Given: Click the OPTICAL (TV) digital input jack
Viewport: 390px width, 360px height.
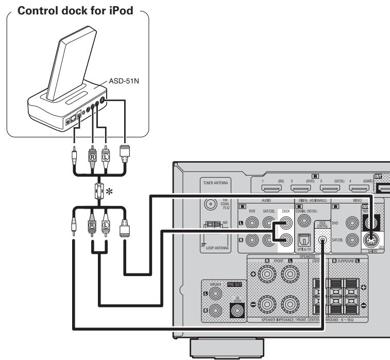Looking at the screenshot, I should tap(302, 227).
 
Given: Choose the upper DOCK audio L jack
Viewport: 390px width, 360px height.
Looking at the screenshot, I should tap(284, 223).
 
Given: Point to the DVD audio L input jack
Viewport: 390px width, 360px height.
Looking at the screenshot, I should tap(251, 223).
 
